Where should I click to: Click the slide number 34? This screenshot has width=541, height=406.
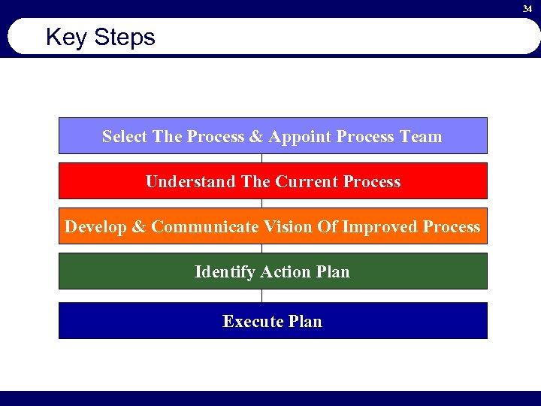pos(527,8)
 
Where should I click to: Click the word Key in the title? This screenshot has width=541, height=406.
pos(65,38)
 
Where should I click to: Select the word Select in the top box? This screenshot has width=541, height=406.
pos(125,137)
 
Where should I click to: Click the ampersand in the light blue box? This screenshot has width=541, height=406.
pos(255,137)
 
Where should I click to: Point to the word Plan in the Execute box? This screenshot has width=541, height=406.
pos(305,322)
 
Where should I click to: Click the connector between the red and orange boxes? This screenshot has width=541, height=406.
pos(261,203)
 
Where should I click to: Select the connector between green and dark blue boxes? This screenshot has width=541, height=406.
pos(261,295)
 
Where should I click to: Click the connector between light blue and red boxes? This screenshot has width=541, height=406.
pos(261,158)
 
